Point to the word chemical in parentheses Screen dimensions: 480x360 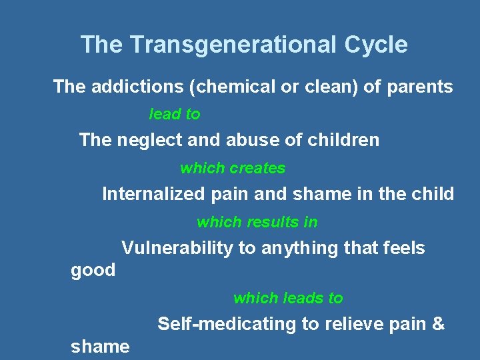(x=219, y=87)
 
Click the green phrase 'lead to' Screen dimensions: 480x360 (x=174, y=115)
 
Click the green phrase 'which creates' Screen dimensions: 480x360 (x=233, y=169)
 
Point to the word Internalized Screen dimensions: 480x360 (x=153, y=195)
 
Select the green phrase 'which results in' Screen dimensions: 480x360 (x=257, y=222)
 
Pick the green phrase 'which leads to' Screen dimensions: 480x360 (x=288, y=298)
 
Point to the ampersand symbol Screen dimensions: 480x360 (x=438, y=325)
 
